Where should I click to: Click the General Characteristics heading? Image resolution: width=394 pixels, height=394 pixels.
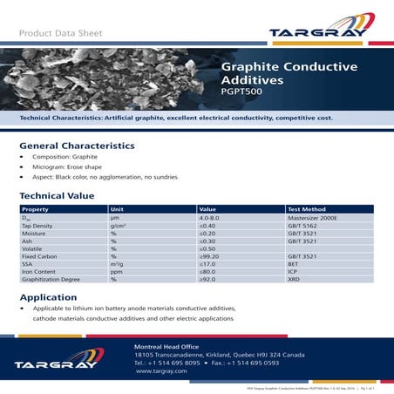pos(77,146)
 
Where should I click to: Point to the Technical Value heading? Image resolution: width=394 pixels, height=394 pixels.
pos(58,197)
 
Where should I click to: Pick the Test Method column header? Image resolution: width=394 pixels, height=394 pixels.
pos(306,210)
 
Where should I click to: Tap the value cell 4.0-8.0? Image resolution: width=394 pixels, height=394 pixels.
pos(212,218)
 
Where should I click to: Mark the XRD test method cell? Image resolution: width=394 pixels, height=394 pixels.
pos(294,279)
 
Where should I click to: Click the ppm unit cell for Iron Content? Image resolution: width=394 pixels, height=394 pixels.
pos(116,271)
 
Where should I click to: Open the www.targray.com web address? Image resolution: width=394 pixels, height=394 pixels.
pos(163,371)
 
